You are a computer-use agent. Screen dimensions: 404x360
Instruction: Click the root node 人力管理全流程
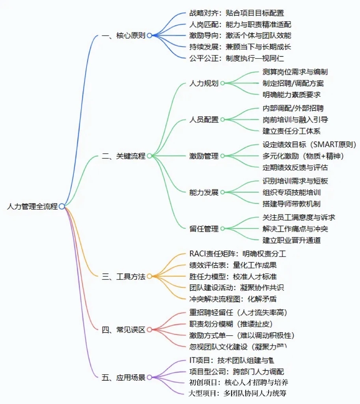coord(32,206)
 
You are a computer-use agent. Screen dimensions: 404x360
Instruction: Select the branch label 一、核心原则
coord(123,36)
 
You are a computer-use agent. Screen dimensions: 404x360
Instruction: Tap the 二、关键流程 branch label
coord(123,156)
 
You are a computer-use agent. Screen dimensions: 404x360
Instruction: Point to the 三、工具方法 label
coord(123,277)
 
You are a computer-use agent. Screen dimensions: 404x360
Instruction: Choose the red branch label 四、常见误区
coord(123,329)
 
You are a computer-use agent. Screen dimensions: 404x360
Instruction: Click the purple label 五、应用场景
coord(123,378)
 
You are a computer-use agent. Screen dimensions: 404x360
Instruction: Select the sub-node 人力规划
coord(204,83)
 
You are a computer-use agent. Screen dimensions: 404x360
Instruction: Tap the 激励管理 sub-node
coord(204,156)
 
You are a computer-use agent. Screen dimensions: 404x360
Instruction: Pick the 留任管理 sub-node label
coord(204,228)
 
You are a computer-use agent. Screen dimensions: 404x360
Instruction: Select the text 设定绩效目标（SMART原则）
coord(309,144)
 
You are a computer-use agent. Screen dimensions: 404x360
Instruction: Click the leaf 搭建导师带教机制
coord(291,204)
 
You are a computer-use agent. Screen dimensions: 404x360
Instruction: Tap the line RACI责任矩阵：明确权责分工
coord(238,254)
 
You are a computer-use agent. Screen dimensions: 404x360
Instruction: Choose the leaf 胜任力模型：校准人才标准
coord(233,277)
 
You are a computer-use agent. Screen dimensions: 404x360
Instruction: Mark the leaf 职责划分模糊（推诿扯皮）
coord(237,324)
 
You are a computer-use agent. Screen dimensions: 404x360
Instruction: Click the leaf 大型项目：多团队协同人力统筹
coord(238,393)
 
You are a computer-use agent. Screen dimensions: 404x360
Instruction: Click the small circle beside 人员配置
coord(222,120)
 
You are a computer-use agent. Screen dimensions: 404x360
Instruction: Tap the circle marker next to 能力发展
coord(222,193)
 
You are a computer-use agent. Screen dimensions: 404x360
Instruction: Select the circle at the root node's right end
coord(62,206)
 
